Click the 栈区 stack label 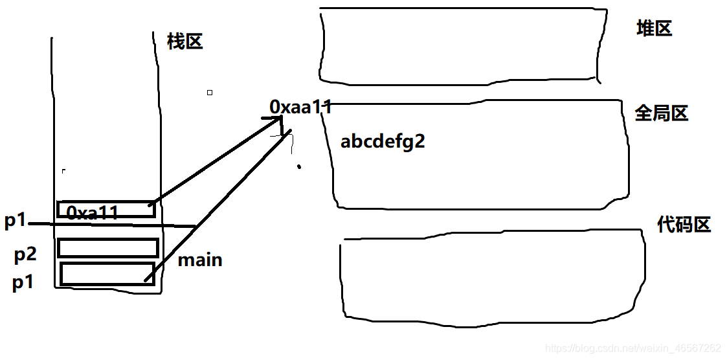click(185, 42)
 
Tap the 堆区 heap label click(654, 28)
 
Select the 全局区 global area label click(661, 114)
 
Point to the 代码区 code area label click(684, 225)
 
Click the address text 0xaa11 click(300, 107)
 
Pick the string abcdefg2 click(383, 142)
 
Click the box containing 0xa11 click(106, 209)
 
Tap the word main click(200, 260)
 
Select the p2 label click(25, 254)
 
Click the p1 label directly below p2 click(23, 282)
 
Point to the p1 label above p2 click(15, 221)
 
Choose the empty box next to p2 click(108, 248)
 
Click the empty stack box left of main click(107, 273)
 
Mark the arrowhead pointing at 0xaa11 click(275, 121)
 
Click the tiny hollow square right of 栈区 click(210, 93)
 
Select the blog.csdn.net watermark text click(633, 348)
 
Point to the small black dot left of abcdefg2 click(298, 167)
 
